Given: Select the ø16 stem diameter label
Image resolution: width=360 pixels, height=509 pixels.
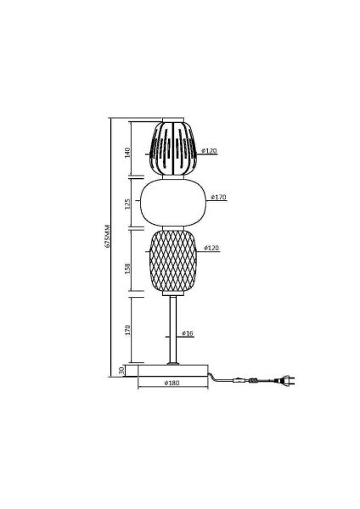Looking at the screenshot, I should point(188,333).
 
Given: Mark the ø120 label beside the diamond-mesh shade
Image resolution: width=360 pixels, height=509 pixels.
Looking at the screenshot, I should point(212,248).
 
